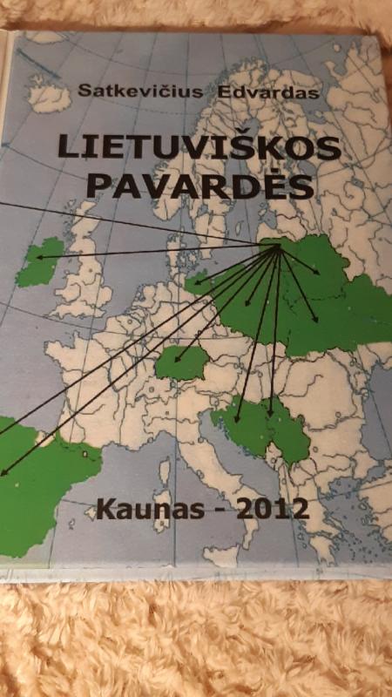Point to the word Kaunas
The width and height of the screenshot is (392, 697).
pos(143,507)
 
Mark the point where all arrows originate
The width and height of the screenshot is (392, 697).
pos(278,247)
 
